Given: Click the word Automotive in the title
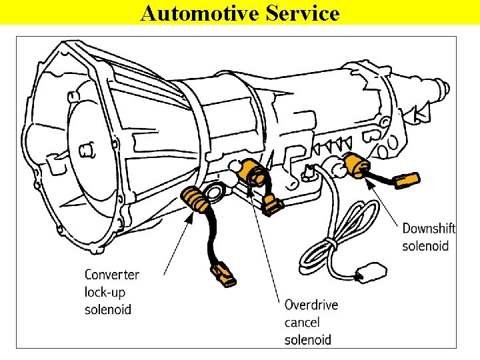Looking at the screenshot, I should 193,13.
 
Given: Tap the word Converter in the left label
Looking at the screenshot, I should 112,275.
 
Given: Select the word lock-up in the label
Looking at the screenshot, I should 105,292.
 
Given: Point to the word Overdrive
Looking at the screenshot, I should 311,305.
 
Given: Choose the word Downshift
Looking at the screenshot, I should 429,229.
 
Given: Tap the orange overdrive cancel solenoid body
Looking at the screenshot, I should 254,173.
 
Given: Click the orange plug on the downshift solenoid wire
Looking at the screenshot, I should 407,180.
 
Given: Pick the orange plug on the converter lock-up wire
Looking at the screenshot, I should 221,275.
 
